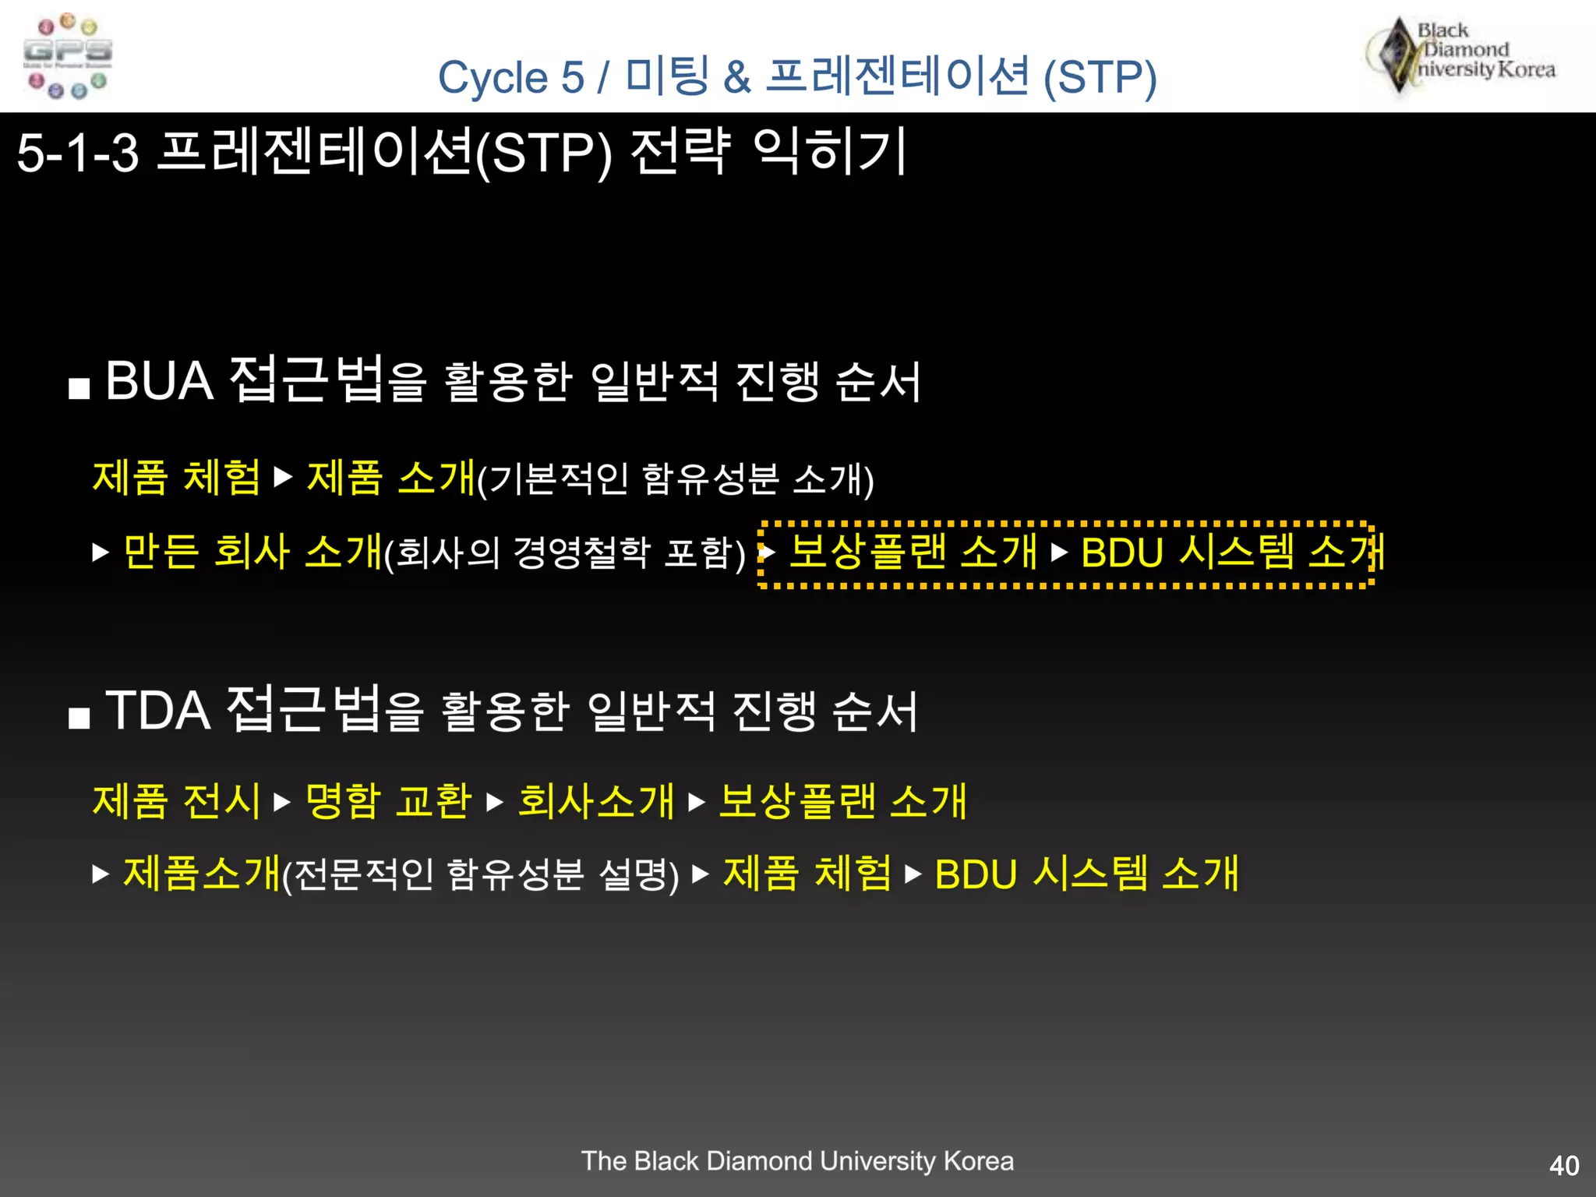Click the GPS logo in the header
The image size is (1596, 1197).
68,56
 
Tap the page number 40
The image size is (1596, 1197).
1563,1166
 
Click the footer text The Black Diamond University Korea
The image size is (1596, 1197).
797,1161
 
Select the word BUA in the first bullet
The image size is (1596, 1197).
159,381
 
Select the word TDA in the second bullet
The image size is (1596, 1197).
157,711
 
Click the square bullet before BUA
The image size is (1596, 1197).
79,388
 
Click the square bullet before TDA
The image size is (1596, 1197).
79,718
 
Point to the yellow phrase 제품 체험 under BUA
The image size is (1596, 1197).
176,477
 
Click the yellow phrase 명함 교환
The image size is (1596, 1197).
388,801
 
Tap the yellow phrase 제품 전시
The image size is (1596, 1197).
176,801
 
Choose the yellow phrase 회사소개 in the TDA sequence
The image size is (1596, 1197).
595,801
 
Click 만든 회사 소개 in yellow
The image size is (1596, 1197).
252,552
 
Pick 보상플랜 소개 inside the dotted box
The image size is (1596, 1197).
913,552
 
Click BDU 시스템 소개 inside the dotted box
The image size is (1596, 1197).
1231,552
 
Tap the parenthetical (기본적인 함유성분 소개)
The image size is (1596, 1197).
675,478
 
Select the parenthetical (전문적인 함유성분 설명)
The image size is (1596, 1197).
480,874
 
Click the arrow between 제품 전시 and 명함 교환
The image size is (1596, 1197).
282,802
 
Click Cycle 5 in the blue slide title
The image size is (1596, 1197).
510,77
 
